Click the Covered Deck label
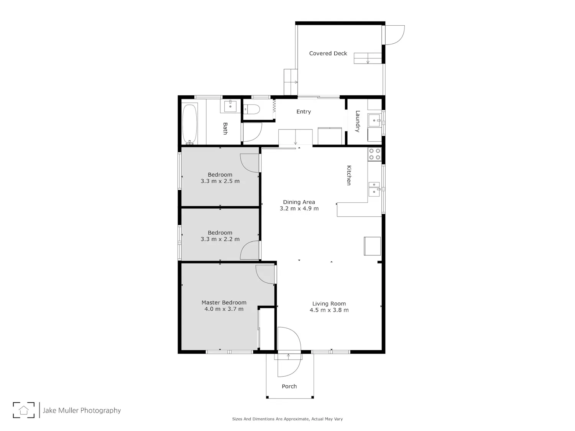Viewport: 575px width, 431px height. pyautogui.click(x=328, y=53)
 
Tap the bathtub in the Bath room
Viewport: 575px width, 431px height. pyautogui.click(x=189, y=124)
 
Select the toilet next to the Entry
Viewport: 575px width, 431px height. pyautogui.click(x=251, y=109)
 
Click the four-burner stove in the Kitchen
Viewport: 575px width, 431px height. pyautogui.click(x=375, y=154)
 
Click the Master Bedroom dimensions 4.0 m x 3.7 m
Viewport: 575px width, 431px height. pyautogui.click(x=224, y=309)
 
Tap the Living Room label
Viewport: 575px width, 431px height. pyautogui.click(x=329, y=303)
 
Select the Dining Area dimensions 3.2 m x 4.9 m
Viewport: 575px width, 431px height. pyautogui.click(x=299, y=208)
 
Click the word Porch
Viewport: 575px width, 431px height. pyautogui.click(x=289, y=386)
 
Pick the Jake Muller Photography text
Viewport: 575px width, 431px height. pyautogui.click(x=82, y=410)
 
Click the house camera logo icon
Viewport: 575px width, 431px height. pyautogui.click(x=24, y=410)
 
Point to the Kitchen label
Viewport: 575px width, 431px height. pyautogui.click(x=349, y=175)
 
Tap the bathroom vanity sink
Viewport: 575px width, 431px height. pyautogui.click(x=230, y=106)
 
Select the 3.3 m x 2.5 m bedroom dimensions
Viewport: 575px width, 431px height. pyautogui.click(x=220, y=181)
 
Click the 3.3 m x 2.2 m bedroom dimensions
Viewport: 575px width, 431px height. pyautogui.click(x=220, y=239)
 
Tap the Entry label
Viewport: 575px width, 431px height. pyautogui.click(x=304, y=112)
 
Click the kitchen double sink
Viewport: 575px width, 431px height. pyautogui.click(x=374, y=189)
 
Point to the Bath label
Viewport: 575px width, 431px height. pyautogui.click(x=225, y=128)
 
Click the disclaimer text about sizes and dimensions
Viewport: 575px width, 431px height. pyautogui.click(x=287, y=419)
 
